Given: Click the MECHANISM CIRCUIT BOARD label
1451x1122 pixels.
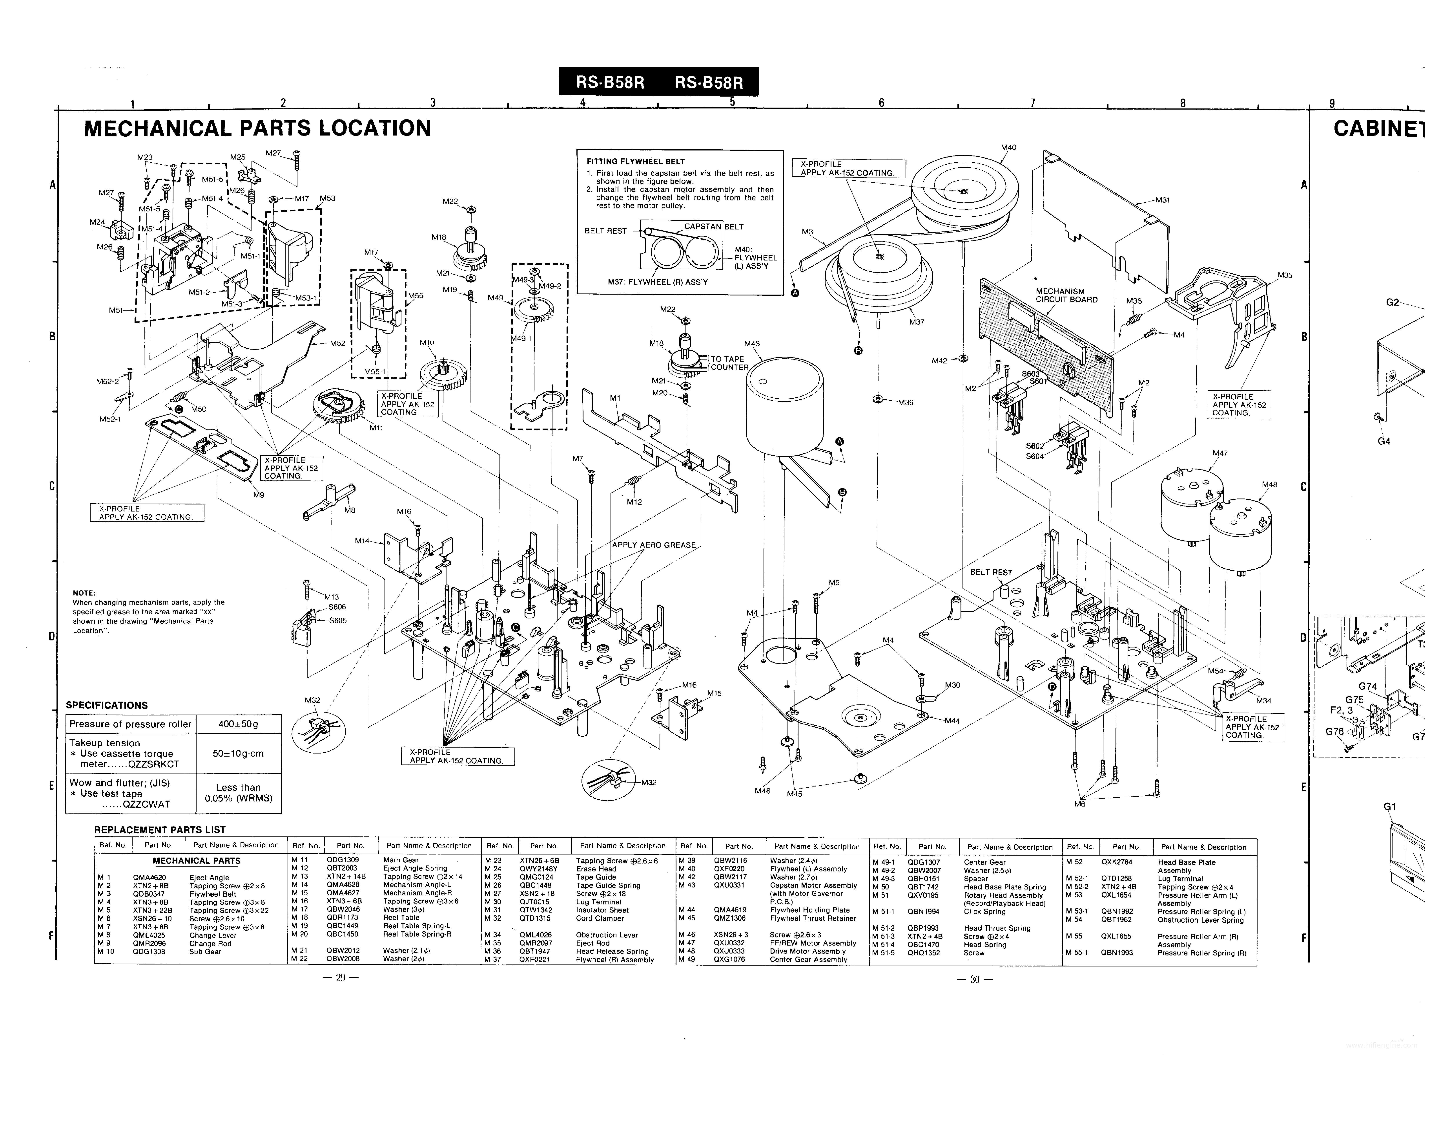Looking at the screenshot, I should [x=1066, y=295].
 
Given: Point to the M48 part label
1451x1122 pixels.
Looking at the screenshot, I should [x=1269, y=485].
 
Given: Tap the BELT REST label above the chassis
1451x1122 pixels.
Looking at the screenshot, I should [x=991, y=572].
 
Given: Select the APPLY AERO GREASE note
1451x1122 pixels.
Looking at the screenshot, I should [x=654, y=545].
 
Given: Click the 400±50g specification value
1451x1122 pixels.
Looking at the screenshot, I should [x=239, y=724].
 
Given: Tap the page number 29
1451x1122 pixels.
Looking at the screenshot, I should [x=339, y=978].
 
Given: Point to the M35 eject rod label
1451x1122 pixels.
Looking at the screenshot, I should [x=1285, y=275].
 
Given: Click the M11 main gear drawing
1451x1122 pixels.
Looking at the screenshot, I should [x=337, y=407].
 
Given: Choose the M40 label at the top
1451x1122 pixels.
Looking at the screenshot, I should [x=1008, y=148].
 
